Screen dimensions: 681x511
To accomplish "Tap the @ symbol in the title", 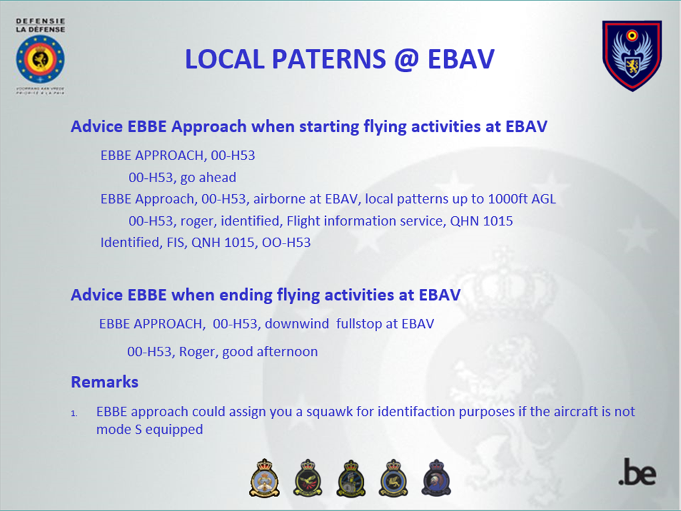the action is [407, 60].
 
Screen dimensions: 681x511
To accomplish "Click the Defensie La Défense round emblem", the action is [41, 59].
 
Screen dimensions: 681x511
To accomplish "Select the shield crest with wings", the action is [632, 55].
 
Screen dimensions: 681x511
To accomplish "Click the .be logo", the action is [637, 472].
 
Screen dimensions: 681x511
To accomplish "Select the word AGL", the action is [544, 198].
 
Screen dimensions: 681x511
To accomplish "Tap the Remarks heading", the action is [104, 382].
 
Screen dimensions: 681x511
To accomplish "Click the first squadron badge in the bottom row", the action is [264, 478].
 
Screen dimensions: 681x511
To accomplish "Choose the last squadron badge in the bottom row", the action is [436, 478].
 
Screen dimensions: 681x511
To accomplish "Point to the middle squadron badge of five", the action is [350, 478].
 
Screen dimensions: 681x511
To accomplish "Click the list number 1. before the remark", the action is [74, 413].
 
